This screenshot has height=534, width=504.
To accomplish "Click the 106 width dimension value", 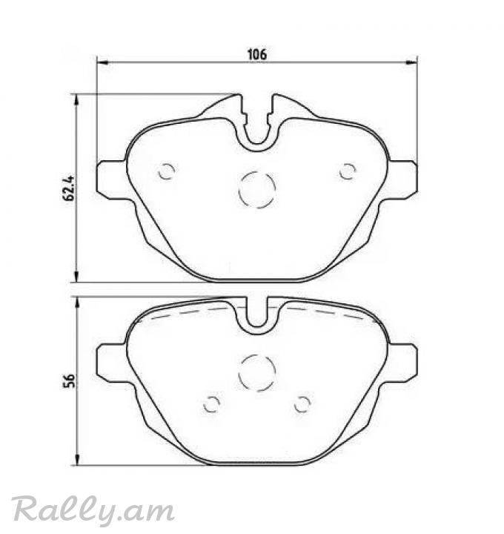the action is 257,54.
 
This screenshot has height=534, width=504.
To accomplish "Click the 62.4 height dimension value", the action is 68,188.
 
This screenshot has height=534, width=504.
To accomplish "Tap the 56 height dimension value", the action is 68,380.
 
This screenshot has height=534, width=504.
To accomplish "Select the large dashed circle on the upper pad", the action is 257,171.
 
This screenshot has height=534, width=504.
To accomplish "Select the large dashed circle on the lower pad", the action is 257,355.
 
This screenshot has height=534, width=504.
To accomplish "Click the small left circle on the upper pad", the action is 167,163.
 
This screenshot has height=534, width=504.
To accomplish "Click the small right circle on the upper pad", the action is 348,163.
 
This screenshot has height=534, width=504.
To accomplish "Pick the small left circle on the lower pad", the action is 212,396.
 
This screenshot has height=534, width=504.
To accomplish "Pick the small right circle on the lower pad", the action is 302,396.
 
